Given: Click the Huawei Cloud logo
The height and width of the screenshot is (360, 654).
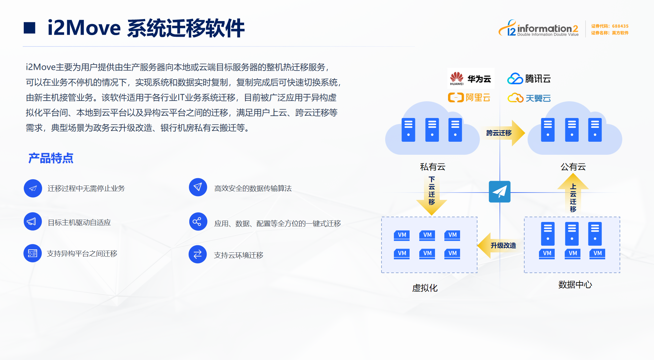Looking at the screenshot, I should [470, 79].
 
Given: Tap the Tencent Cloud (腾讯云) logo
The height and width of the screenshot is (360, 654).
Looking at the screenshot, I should [529, 79].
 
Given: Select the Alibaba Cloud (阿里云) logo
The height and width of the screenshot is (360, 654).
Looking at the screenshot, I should [469, 98].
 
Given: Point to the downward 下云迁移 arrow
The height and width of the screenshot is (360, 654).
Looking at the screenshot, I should [431, 196].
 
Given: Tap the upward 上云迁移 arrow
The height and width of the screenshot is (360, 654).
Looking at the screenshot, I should [573, 194].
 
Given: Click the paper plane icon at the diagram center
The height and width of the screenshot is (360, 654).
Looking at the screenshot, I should [500, 192].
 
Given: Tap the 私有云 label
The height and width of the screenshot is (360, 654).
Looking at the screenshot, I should [433, 167].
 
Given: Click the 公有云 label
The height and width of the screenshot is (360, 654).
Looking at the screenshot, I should [573, 167].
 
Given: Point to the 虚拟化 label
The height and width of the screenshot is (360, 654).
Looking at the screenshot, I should [425, 288].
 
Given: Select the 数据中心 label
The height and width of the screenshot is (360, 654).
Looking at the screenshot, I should [575, 284].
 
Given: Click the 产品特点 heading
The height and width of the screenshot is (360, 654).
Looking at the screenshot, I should [51, 158].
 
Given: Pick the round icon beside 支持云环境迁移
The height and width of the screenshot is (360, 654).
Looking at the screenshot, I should [198, 254].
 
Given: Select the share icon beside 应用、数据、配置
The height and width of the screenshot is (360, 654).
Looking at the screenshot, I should [198, 222].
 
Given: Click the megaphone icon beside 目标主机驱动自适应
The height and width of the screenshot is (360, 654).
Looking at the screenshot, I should [32, 222].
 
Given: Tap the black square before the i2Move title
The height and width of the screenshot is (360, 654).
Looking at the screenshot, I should [29, 28].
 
